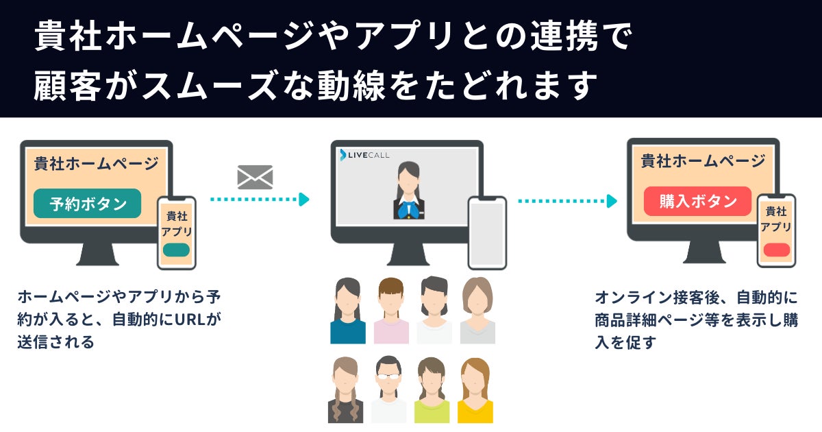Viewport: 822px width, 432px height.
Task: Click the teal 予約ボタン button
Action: (x=87, y=204)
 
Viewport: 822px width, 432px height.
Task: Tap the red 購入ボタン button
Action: (x=697, y=202)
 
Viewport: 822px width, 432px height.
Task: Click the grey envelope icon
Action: (x=255, y=177)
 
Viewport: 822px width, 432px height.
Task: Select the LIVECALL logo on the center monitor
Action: (x=365, y=155)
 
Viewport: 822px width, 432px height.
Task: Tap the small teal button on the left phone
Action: (x=176, y=250)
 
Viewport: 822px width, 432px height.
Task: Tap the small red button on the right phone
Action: (x=776, y=250)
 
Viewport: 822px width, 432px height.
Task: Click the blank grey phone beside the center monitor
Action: (x=487, y=233)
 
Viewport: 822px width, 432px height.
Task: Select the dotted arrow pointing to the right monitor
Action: (x=566, y=201)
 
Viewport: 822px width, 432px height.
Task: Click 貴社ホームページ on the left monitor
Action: (x=96, y=164)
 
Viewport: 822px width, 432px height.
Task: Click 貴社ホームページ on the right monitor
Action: (x=703, y=162)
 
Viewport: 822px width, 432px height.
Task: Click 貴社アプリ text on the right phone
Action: (x=776, y=219)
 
